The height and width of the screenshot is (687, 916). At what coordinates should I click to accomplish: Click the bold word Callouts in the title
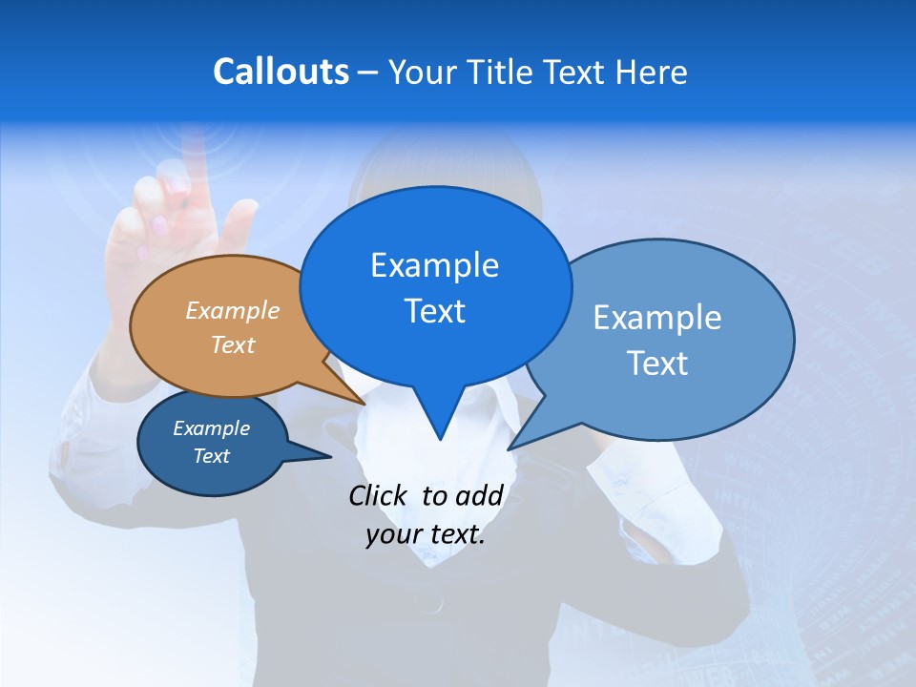coord(281,72)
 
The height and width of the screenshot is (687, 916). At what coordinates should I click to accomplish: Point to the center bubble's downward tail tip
coord(440,439)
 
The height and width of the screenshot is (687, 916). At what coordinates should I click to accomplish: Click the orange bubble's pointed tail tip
coord(365,404)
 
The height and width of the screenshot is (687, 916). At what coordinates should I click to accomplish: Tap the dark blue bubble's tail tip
coord(330,457)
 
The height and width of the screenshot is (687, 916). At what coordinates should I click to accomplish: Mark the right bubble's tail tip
coord(510,448)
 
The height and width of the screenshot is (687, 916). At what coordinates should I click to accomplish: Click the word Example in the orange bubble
coord(233,311)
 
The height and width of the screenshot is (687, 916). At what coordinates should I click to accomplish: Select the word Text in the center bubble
coord(435,311)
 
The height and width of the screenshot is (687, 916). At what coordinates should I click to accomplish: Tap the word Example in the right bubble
coord(657,318)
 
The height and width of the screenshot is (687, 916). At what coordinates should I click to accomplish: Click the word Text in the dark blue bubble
coord(212,456)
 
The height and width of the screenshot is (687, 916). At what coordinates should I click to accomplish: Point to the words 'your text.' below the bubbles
coord(426,534)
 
